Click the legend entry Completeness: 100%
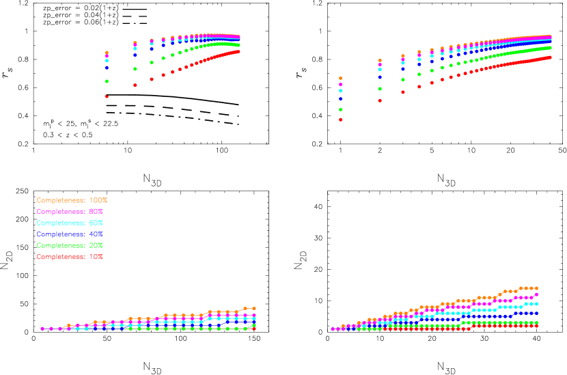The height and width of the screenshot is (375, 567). coord(72,200)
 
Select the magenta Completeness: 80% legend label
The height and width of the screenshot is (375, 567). coord(70,212)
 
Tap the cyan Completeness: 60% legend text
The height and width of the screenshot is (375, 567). coord(70,223)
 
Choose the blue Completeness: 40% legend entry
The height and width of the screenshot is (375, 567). coord(70,234)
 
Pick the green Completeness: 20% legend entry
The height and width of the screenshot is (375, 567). coord(70,245)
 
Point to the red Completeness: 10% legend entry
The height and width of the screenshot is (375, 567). coord(70,257)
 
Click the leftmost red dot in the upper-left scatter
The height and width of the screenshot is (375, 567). coord(107,96)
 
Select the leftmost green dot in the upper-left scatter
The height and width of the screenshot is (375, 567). coord(107,81)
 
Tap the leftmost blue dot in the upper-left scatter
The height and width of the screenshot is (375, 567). coord(107,68)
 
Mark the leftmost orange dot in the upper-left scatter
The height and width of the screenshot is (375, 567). coord(107,53)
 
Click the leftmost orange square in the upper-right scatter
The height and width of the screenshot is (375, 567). coord(340,78)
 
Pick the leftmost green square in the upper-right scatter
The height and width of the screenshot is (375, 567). coord(340,109)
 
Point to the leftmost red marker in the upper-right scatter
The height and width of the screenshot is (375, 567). coord(340,120)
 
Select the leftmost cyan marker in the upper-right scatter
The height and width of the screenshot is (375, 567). coord(340,90)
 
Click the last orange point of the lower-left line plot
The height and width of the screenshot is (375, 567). coord(254,308)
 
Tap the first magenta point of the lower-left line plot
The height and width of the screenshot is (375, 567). coord(42,329)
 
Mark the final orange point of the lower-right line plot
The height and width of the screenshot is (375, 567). coord(536,288)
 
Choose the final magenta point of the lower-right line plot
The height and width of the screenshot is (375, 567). coord(536,294)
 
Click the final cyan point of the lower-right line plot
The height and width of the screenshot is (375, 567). coord(536,304)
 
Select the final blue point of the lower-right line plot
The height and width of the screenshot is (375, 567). coord(536,314)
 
